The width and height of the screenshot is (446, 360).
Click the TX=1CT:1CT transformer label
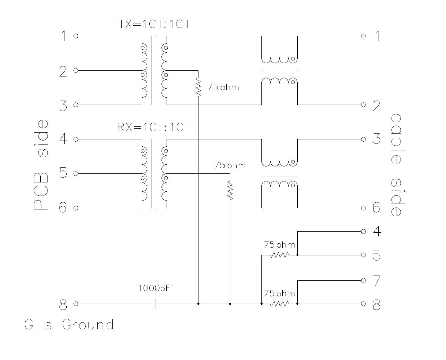pos(154,24)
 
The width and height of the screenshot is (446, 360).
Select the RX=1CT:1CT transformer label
pos(154,127)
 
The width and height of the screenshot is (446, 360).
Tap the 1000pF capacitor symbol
pos(154,304)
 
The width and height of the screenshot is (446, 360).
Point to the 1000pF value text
pos(154,288)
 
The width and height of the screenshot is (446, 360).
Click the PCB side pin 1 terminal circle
pos(76,36)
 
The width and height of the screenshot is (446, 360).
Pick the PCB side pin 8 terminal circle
pos(76,304)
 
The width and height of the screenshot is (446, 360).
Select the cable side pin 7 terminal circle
pos(363,280)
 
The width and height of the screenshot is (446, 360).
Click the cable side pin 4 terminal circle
pos(363,231)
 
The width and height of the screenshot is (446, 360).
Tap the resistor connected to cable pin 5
pos(279,255)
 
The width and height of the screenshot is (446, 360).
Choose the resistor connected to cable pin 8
pos(279,304)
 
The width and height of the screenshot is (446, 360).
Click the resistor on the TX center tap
pos(198,87)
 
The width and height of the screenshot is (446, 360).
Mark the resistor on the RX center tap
pos(230,191)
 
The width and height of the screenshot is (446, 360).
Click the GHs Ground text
pos(69,325)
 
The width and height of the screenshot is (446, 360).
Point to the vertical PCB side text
pos(41,164)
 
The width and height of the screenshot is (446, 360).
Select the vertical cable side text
pos(397,165)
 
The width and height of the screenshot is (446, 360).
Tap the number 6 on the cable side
pos(376,207)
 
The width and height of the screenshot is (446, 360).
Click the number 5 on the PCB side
pos(63,173)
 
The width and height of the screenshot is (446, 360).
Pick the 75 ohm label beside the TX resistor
pos(223,87)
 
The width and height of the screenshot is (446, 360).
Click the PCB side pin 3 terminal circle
pos(76,105)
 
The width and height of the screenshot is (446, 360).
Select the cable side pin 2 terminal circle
pos(363,105)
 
